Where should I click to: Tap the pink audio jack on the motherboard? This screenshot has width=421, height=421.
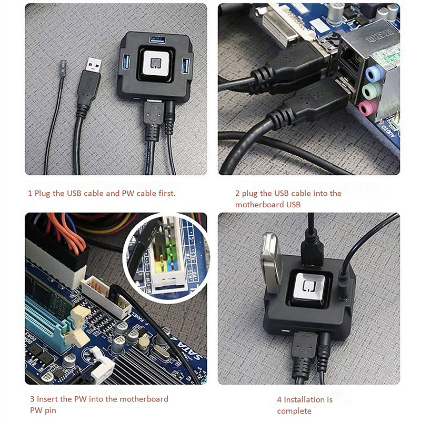(367, 109)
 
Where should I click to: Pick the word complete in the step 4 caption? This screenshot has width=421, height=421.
(294, 410)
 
